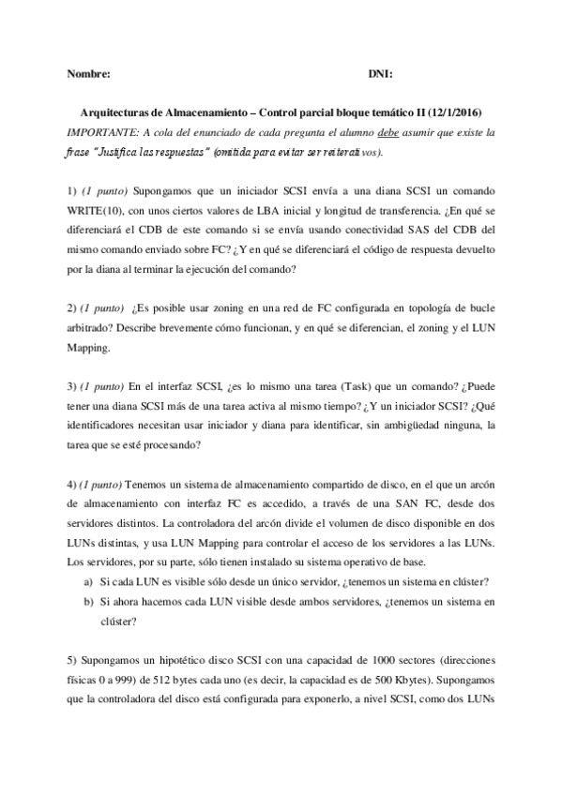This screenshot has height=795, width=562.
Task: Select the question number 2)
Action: [x=72, y=307]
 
